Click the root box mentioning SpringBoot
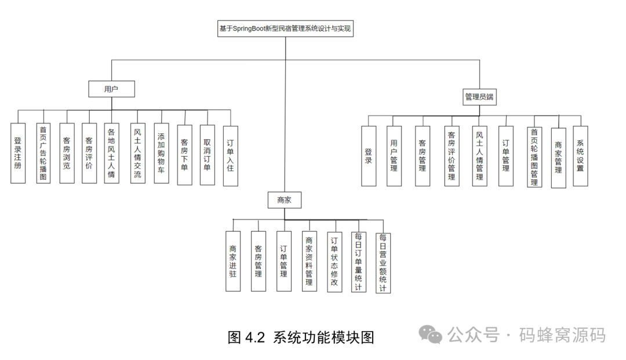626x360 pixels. [x=285, y=29]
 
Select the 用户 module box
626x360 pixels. [x=111, y=89]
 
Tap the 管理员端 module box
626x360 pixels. [x=481, y=97]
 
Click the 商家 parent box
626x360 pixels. [x=284, y=200]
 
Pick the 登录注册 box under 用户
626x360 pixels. [x=18, y=153]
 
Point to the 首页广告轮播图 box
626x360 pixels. [x=42, y=153]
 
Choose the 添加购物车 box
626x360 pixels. [x=162, y=153]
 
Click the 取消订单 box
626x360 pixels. [x=208, y=154]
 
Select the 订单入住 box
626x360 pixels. [x=231, y=155]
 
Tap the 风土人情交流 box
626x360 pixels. [x=137, y=153]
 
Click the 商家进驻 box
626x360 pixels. [x=233, y=261]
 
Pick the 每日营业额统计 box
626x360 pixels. [x=383, y=262]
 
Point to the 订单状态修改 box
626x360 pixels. [x=334, y=261]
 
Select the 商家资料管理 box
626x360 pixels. [x=310, y=261]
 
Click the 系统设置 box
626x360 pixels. [x=580, y=155]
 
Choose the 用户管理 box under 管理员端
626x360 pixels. [x=394, y=155]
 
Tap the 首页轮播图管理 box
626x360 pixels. [x=534, y=157]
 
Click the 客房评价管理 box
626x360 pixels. [x=452, y=155]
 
